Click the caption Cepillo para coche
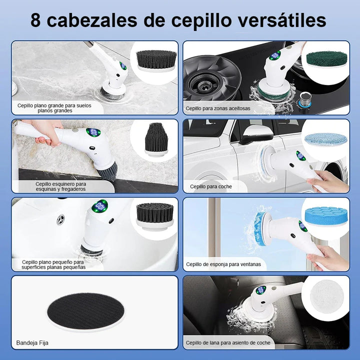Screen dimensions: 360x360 coord(210,186)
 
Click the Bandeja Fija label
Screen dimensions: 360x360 coord(32,343)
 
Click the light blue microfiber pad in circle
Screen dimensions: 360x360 coord(325,138)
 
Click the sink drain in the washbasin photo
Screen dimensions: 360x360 coord(60,219)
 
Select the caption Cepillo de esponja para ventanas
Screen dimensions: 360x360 coord(223,264)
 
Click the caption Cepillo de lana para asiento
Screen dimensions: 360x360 coord(227,343)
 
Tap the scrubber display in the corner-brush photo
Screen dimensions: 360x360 coord(93,132)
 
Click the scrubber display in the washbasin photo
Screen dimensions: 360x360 coord(100,205)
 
